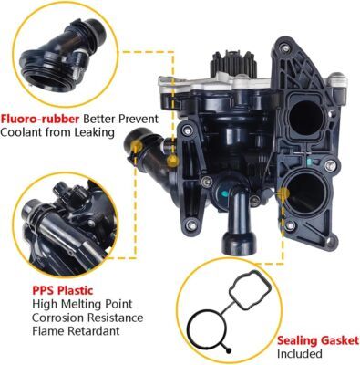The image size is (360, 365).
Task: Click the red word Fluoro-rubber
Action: pyautogui.click(x=39, y=119)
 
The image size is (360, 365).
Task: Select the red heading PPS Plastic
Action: pyautogui.click(x=63, y=290)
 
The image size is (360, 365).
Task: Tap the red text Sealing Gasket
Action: pyautogui.click(x=318, y=340)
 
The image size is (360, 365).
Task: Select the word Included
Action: pyautogui.click(x=299, y=354)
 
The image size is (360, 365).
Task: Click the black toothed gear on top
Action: pyautogui.click(x=233, y=65)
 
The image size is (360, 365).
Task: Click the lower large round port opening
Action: pyautogui.click(x=303, y=193)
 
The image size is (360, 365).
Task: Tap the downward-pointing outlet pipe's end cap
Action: pyautogui.click(x=238, y=244)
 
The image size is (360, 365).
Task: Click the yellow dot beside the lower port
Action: pyautogui.click(x=284, y=193)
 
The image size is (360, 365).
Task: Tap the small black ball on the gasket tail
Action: pyautogui.click(x=229, y=350)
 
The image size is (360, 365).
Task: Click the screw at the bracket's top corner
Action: pyautogui.click(x=284, y=48)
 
